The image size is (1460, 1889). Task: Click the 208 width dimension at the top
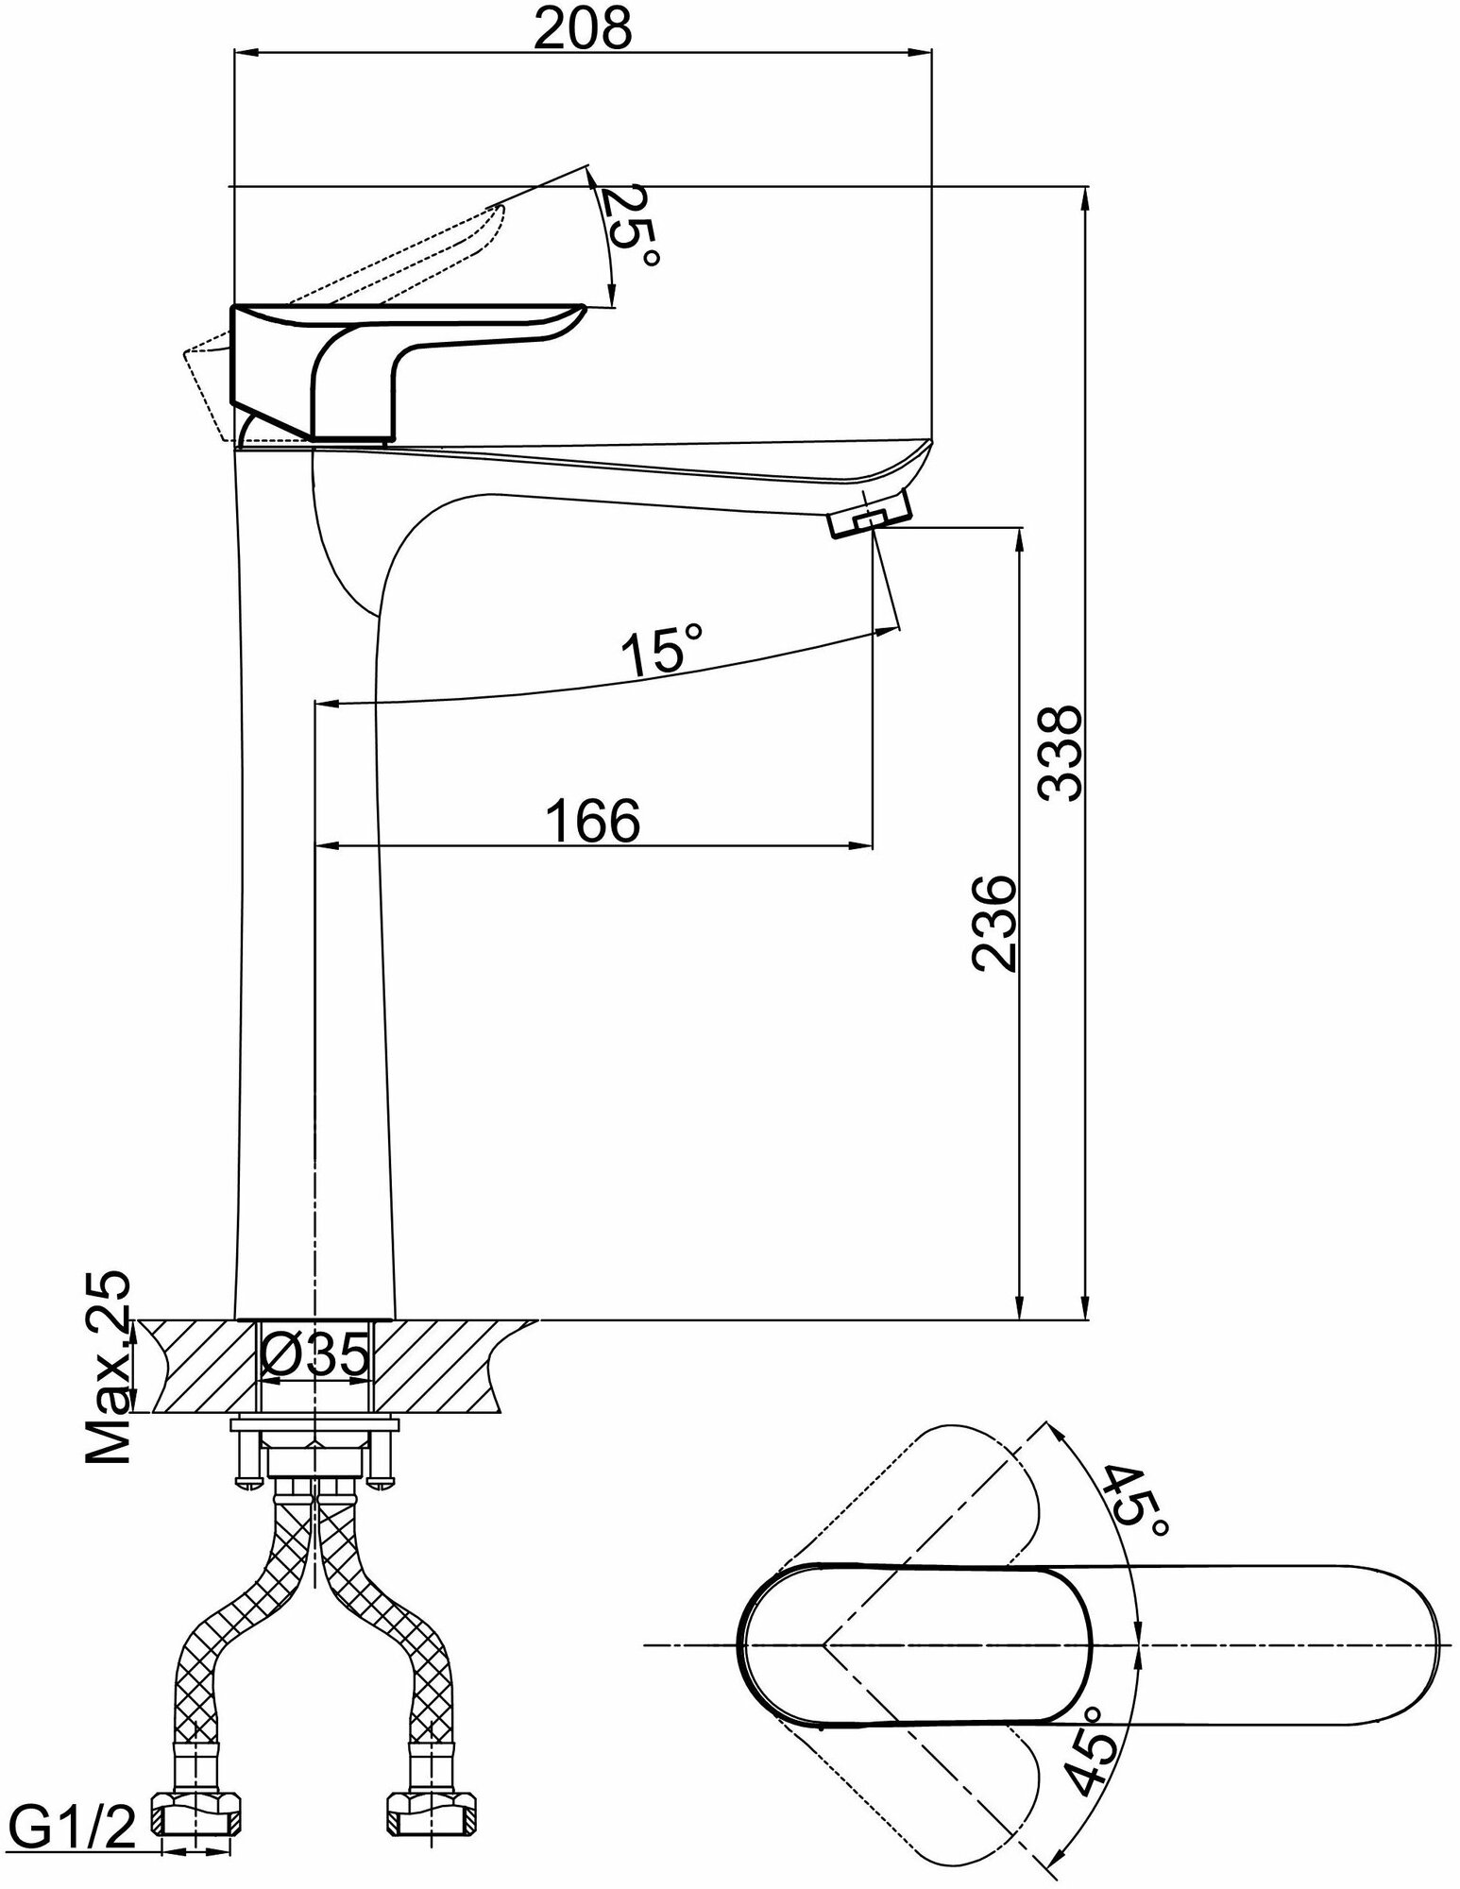pos(582,30)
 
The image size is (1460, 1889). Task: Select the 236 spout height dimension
pos(993,923)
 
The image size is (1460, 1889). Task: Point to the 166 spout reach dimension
pos(594,819)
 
